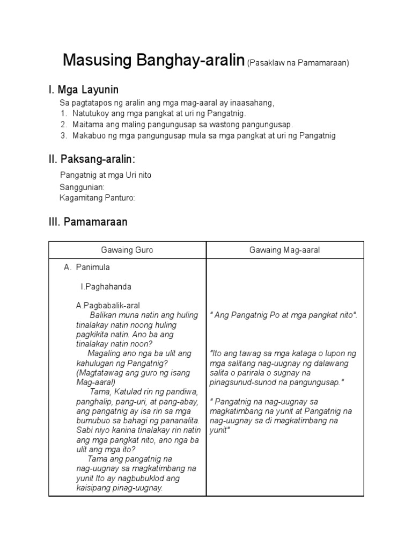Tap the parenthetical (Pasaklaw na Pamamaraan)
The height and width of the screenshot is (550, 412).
[x=298, y=63]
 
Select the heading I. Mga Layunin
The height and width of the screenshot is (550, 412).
[x=83, y=89]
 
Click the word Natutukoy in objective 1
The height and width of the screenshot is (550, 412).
[x=90, y=113]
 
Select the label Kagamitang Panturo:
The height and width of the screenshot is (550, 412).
[x=97, y=198]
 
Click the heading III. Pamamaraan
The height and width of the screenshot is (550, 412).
[x=88, y=222]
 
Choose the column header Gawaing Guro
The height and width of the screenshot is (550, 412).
[x=127, y=250]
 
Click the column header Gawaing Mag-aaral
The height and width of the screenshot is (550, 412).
[x=285, y=250]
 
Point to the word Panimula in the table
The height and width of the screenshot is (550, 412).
[x=93, y=267]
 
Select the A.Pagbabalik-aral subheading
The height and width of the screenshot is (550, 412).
[x=107, y=305]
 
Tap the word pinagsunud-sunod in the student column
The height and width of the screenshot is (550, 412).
[x=242, y=382]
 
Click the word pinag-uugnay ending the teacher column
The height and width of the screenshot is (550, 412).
[x=138, y=488]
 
